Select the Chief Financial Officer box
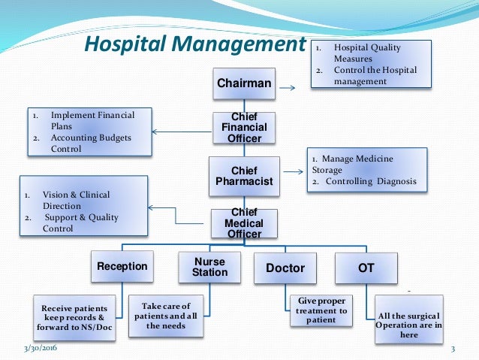[x=244, y=129]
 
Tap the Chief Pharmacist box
[x=244, y=177]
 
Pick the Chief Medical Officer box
[x=244, y=223]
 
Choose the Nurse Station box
[x=209, y=267]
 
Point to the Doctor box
[x=285, y=268]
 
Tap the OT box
[x=366, y=268]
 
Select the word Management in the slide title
[x=241, y=44]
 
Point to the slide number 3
[x=453, y=349]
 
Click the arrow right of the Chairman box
[x=287, y=88]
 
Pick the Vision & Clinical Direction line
[x=76, y=201]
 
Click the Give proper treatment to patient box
[x=321, y=310]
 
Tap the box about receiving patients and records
[x=74, y=319]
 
